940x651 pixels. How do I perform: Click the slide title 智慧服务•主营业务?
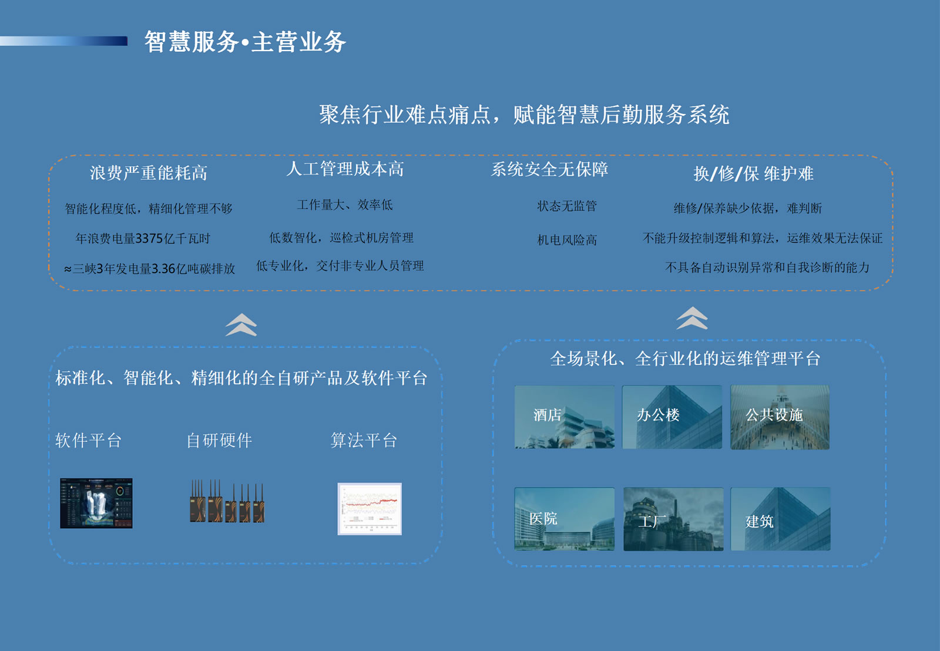(245, 42)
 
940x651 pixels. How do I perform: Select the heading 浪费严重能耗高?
(149, 173)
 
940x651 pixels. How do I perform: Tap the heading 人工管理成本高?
(345, 169)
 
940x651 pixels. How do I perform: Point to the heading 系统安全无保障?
(550, 169)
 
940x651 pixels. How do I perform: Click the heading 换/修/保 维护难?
(754, 173)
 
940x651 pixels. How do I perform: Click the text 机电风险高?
(567, 240)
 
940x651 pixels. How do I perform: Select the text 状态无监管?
(567, 206)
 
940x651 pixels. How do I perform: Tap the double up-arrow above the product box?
(241, 325)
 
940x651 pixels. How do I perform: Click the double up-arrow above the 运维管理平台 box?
(692, 318)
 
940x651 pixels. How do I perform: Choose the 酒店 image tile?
(565, 417)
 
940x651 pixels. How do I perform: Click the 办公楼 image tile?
(672, 417)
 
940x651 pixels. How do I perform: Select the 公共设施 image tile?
(780, 417)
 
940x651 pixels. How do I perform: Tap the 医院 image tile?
(565, 519)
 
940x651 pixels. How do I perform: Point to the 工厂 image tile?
(673, 519)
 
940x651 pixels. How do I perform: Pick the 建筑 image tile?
(781, 519)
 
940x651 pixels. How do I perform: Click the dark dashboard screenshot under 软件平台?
(96, 503)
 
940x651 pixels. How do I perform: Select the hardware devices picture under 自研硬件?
(227, 501)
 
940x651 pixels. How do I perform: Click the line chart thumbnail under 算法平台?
(370, 509)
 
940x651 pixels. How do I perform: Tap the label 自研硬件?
(220, 440)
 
